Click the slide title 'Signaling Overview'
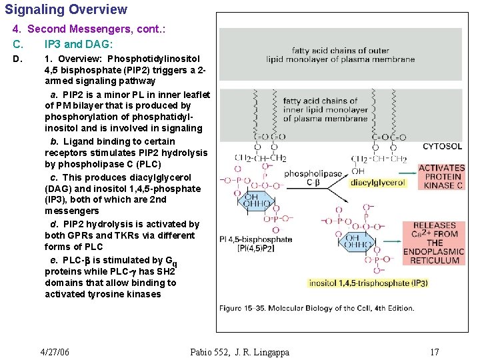(x=66, y=10)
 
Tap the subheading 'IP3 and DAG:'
(x=79, y=44)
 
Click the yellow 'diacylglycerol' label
(x=377, y=183)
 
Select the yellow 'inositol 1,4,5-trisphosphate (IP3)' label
(x=368, y=283)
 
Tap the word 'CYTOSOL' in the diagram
(x=442, y=146)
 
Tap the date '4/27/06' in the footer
(x=55, y=352)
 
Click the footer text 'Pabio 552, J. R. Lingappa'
(x=239, y=352)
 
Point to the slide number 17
(x=434, y=352)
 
